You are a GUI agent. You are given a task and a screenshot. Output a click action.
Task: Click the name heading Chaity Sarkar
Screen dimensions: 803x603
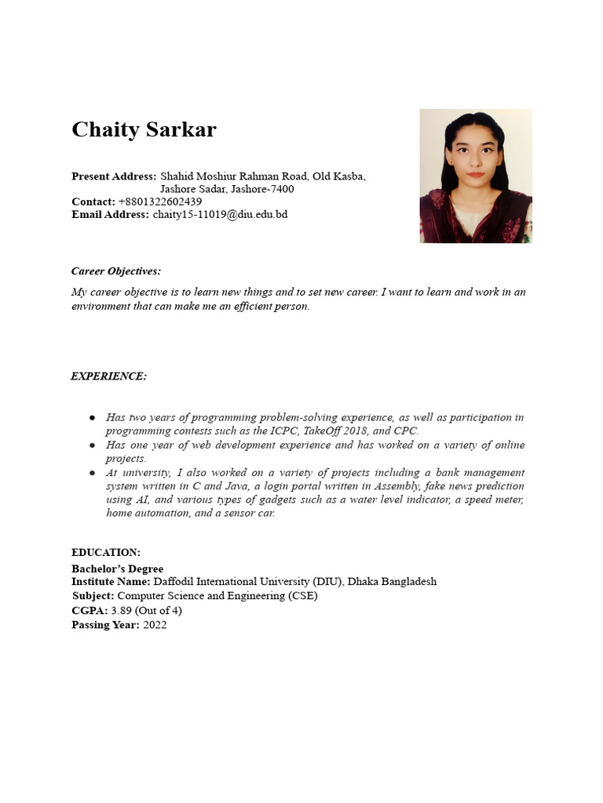pos(144,130)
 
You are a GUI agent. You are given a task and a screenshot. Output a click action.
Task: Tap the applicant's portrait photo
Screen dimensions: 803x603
pos(475,176)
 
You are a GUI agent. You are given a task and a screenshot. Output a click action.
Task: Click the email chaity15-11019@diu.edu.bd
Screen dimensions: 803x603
pos(220,214)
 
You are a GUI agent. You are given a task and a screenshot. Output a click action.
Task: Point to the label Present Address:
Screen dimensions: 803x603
pos(114,176)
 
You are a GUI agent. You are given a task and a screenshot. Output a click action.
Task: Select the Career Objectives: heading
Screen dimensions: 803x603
pos(115,271)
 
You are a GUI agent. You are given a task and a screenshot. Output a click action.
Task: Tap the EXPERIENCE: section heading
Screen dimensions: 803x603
pos(108,376)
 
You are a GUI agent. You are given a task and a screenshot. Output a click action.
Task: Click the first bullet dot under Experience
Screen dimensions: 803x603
pos(92,418)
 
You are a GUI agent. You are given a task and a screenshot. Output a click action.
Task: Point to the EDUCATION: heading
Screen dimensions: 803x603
pos(106,553)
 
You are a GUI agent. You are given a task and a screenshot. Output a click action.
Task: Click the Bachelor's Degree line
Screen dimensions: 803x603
pos(117,569)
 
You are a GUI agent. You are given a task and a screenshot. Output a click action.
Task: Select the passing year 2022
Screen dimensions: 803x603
pos(155,625)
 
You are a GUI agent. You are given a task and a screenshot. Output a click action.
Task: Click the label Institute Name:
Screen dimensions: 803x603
pos(111,582)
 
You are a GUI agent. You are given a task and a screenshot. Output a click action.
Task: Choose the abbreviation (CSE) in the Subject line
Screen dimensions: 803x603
pos(303,596)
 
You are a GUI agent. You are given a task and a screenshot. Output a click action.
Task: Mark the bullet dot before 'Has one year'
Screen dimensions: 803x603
pos(92,445)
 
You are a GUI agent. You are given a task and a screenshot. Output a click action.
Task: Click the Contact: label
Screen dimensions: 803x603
pos(93,202)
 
